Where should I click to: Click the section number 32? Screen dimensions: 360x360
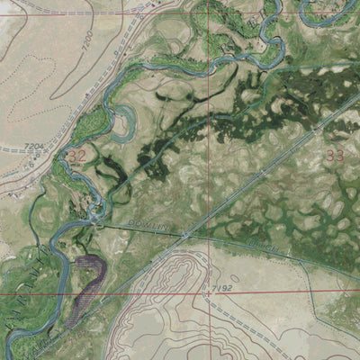click(76, 156)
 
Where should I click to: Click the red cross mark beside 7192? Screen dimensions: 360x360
click(209, 293)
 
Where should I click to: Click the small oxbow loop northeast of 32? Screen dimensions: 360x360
click(120, 112)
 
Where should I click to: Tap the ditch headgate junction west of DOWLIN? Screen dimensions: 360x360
click(96, 216)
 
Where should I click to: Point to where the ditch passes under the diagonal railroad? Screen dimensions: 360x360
click(184, 236)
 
